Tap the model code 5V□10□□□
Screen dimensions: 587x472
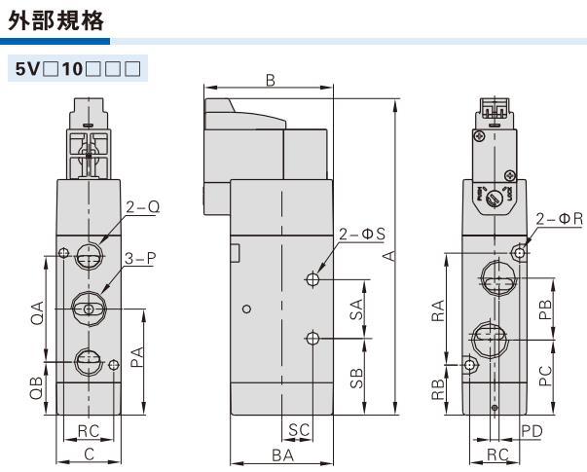point(75,71)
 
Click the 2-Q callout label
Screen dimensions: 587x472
point(142,206)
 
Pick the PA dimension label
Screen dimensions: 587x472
point(137,358)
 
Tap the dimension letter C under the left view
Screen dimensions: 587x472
point(89,454)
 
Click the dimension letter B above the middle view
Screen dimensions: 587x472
point(271,82)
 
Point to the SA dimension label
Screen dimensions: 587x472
point(357,309)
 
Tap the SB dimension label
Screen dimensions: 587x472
point(357,378)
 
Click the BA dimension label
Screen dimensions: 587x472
point(283,454)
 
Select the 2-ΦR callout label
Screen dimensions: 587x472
point(559,220)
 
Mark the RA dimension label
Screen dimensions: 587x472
point(439,309)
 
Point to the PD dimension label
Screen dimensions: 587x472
point(531,430)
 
